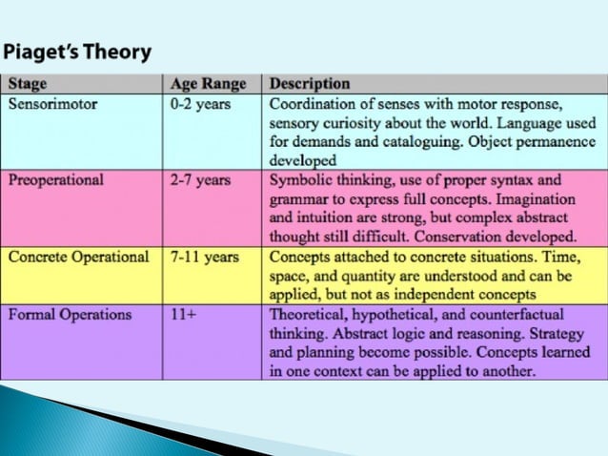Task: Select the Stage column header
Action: click(28, 84)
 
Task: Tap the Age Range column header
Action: click(208, 84)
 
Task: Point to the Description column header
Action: click(310, 84)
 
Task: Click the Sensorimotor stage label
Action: click(52, 104)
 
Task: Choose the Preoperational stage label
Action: click(56, 179)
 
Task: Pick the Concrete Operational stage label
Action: click(78, 257)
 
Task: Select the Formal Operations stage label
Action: click(68, 314)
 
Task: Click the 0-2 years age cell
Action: click(200, 104)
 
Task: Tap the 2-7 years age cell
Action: click(200, 179)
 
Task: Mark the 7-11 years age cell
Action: click(204, 257)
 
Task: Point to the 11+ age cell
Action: click(183, 314)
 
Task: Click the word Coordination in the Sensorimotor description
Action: click(313, 104)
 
